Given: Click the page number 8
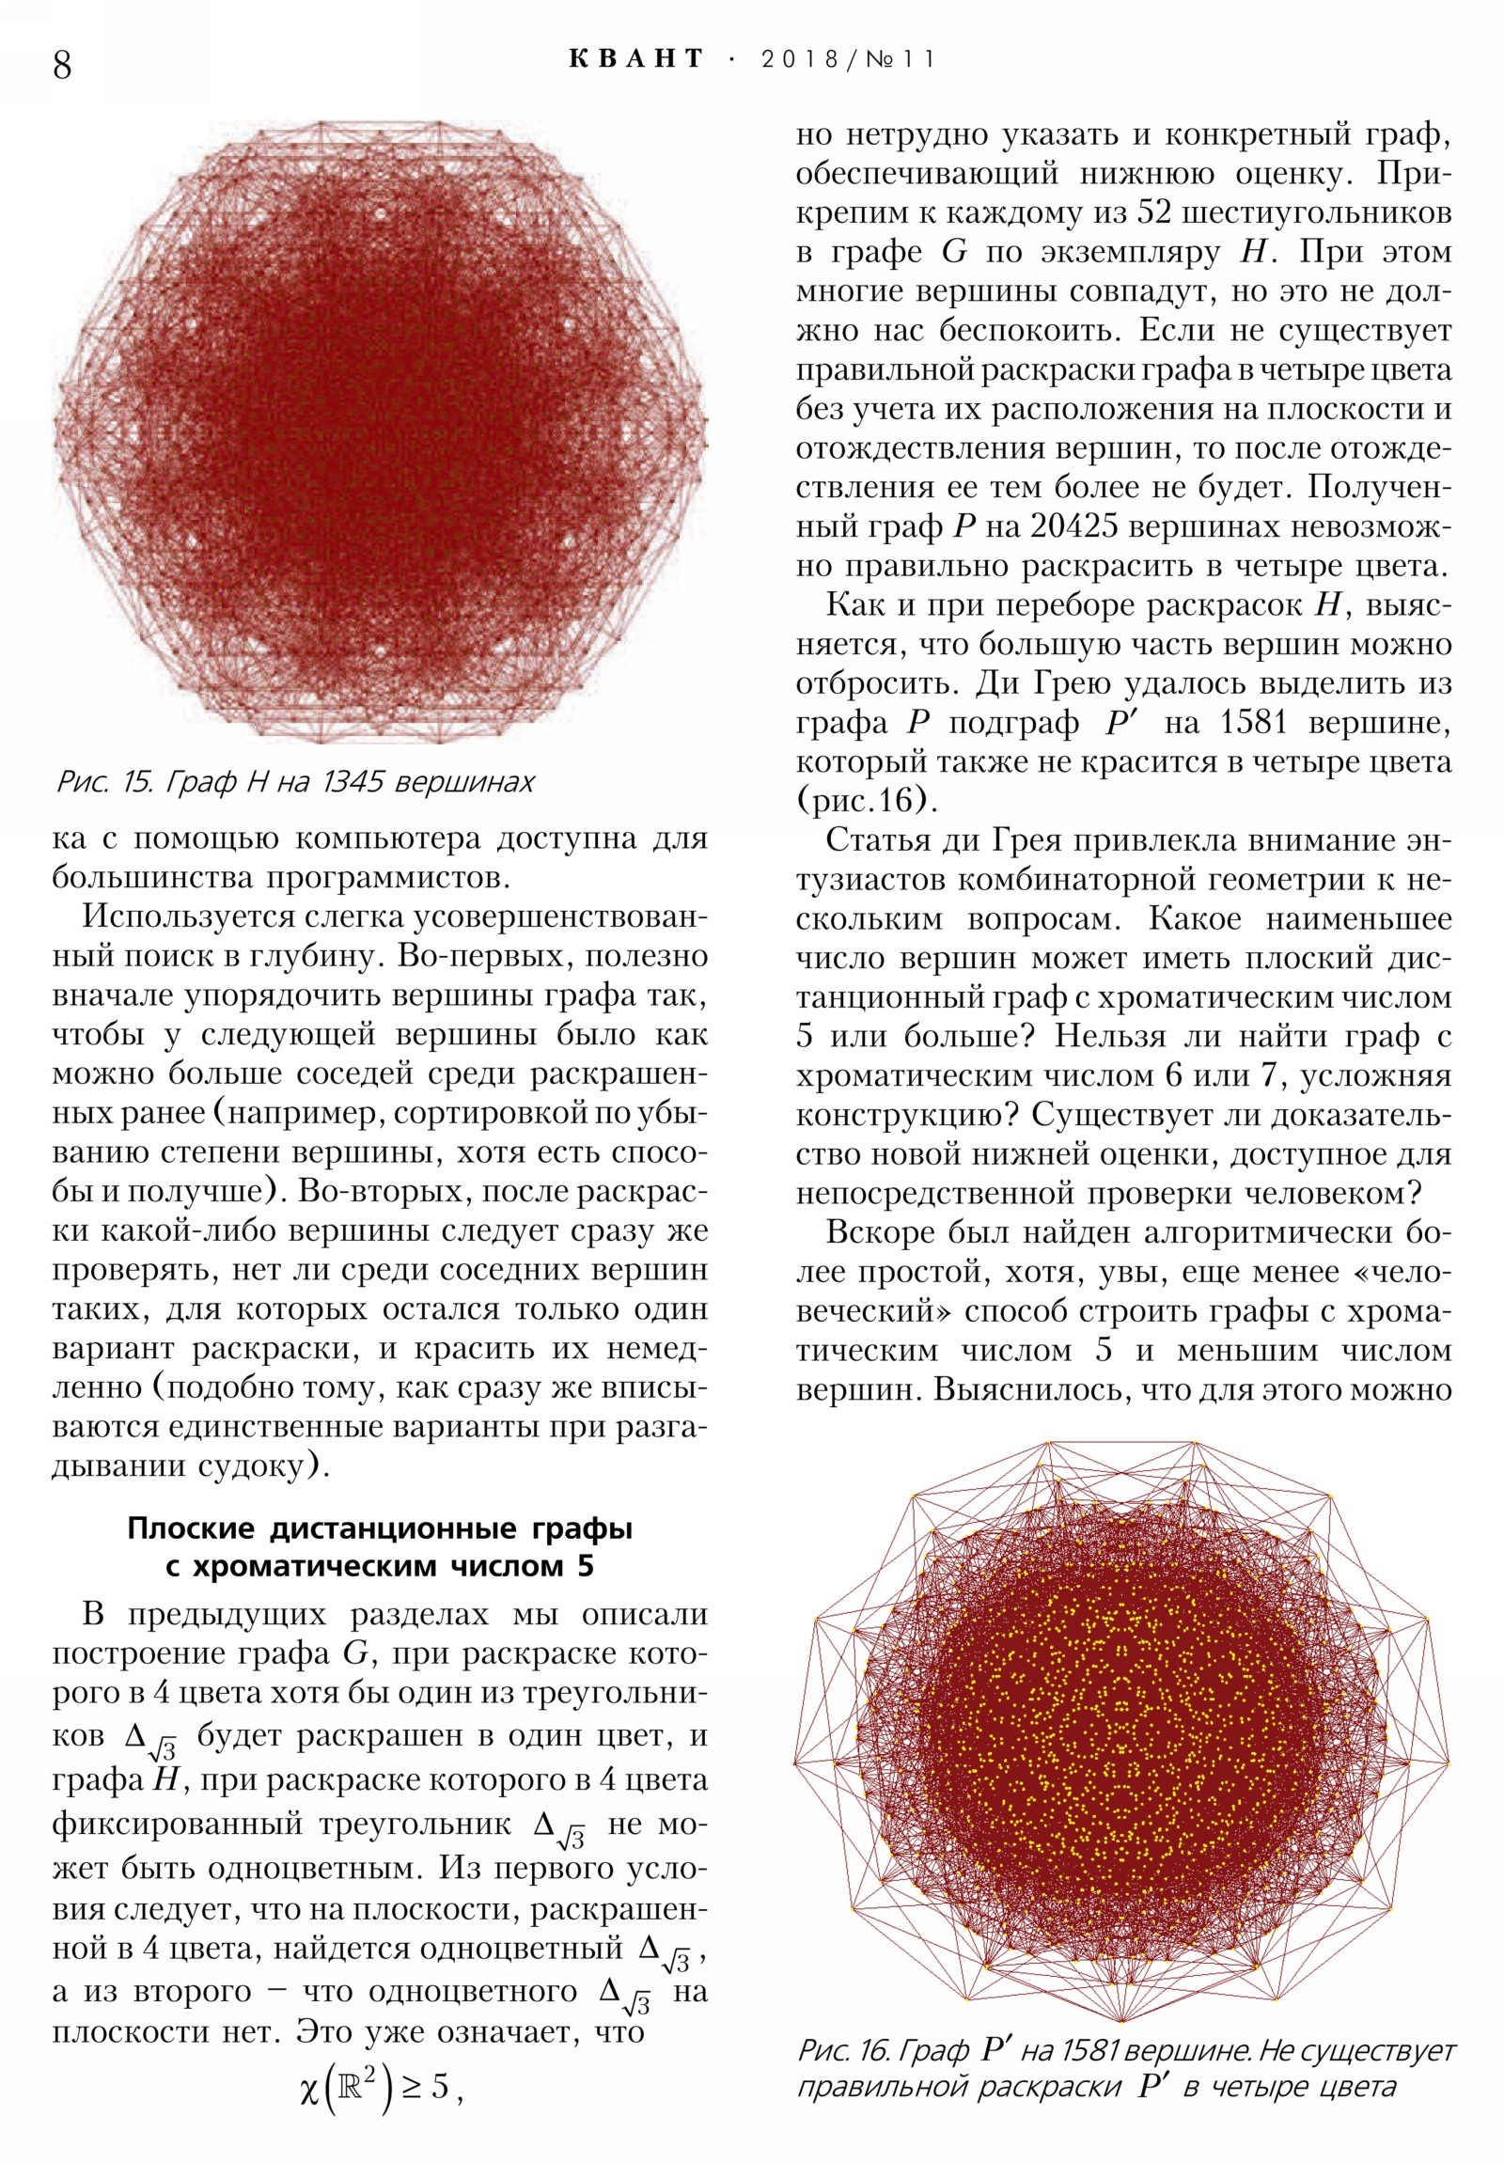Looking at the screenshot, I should (62, 65).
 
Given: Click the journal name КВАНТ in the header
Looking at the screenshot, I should (636, 59).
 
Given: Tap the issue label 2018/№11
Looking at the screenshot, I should (848, 60).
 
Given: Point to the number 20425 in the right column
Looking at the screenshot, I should (1073, 526).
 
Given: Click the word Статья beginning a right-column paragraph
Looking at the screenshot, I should (878, 841).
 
